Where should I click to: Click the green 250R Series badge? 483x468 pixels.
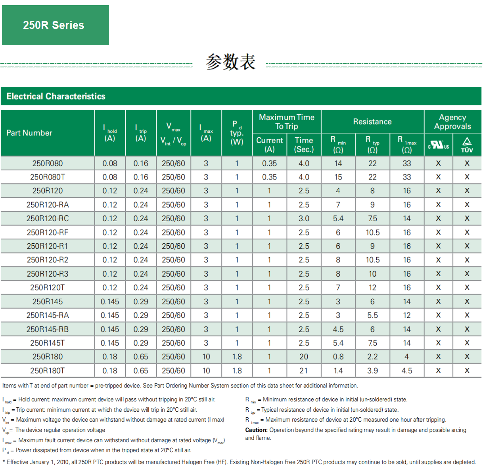[55, 25]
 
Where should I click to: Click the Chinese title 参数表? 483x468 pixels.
[230, 62]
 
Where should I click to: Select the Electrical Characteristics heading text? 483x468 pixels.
[56, 96]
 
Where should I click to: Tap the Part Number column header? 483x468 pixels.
[29, 133]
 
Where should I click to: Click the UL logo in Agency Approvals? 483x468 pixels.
[438, 145]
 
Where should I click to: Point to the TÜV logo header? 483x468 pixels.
[467, 145]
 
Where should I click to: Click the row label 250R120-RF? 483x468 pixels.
[48, 232]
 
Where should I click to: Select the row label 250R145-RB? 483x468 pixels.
[48, 329]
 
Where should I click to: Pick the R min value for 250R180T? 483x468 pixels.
[338, 371]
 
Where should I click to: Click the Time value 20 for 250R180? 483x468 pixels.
[304, 357]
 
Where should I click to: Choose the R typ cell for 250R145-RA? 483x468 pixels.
[372, 315]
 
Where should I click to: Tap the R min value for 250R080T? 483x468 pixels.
[338, 177]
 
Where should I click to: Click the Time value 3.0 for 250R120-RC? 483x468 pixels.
[304, 218]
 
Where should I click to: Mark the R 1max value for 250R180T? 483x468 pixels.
[407, 371]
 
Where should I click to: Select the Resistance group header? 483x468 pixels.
[372, 122]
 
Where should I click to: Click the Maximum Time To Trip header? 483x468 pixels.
[287, 122]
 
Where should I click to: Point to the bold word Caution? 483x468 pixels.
[256, 430]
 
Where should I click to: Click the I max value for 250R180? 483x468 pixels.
[206, 357]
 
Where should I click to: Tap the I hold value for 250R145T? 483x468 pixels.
[110, 343]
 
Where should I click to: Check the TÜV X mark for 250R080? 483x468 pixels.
[467, 163]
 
